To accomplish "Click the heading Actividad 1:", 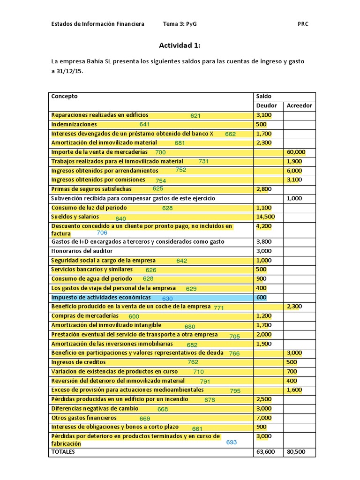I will point(180,45).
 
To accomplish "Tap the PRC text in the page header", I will point(303,24).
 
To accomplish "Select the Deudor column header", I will point(266,105).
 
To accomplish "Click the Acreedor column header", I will point(299,105).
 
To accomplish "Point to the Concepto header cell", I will point(64,96).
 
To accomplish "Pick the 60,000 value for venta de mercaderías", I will point(295,152).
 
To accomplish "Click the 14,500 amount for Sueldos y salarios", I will point(265,217).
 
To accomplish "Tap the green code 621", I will point(195,115).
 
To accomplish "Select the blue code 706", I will point(102,233).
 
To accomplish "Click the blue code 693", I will point(232,442).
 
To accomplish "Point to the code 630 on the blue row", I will point(167,298).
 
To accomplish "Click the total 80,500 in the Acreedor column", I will point(295,452).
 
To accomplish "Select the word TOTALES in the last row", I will point(63,452).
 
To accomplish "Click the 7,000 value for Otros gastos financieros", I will point(264,418).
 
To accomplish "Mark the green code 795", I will point(235,390).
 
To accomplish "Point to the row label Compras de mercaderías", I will point(85,316).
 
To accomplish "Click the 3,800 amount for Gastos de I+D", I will point(263,242).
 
